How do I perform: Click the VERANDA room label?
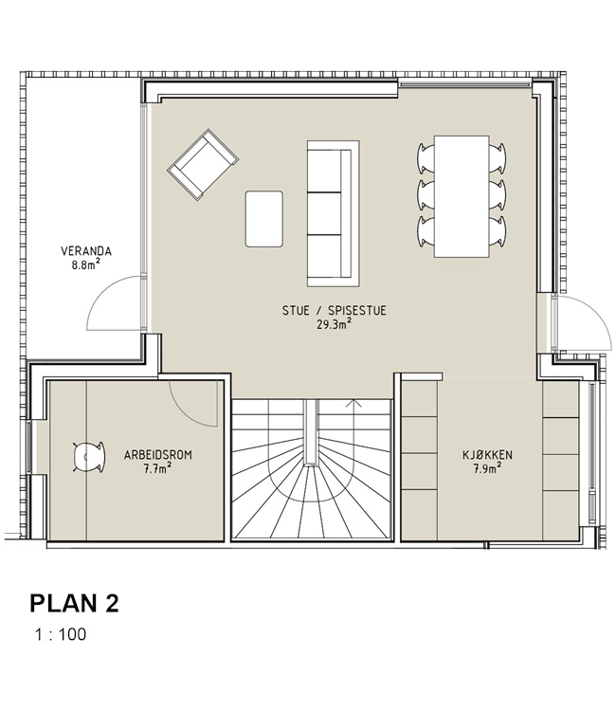click(86, 251)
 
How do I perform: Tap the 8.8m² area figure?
click(85, 264)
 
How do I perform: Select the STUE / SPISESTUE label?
click(335, 311)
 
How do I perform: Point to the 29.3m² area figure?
click(335, 324)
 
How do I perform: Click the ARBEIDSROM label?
click(157, 455)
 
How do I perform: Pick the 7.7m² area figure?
click(157, 468)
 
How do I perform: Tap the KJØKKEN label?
click(487, 455)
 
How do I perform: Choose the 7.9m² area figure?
click(487, 468)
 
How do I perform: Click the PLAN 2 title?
click(74, 604)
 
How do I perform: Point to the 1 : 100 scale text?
click(61, 634)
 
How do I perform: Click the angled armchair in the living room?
click(203, 164)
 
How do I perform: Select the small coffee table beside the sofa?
click(264, 219)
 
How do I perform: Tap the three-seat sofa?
click(334, 213)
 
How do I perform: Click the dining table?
click(462, 196)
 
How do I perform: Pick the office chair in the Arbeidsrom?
click(89, 457)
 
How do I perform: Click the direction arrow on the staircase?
click(354, 403)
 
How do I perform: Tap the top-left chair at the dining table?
click(426, 158)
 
